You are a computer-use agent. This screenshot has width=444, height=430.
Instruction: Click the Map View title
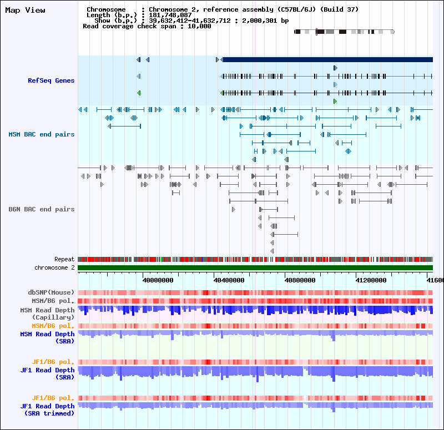point(25,10)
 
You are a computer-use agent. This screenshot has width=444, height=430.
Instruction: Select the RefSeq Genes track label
point(51,81)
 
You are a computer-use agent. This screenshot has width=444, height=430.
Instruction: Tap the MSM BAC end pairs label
point(41,134)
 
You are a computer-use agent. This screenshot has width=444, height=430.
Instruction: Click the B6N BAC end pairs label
point(41,209)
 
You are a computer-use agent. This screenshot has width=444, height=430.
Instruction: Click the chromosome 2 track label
point(54,267)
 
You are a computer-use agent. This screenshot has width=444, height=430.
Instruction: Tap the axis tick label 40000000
point(158,280)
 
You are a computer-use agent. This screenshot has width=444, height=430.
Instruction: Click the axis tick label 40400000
point(229,280)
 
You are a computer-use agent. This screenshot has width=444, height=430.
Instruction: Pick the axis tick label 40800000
point(300,280)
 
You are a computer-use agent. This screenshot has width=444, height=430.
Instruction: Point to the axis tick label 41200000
point(371,280)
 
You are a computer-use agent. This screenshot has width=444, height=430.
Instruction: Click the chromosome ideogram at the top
point(344,32)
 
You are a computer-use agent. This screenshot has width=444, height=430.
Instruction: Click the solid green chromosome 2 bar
point(255,268)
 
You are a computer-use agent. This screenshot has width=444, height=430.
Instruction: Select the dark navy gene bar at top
point(327,59)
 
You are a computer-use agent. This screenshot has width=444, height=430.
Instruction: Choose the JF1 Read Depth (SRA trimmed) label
point(47,409)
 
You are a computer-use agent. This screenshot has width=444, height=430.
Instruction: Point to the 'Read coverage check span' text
point(130,26)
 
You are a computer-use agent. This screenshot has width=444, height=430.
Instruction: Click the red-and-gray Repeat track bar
point(255,259)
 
